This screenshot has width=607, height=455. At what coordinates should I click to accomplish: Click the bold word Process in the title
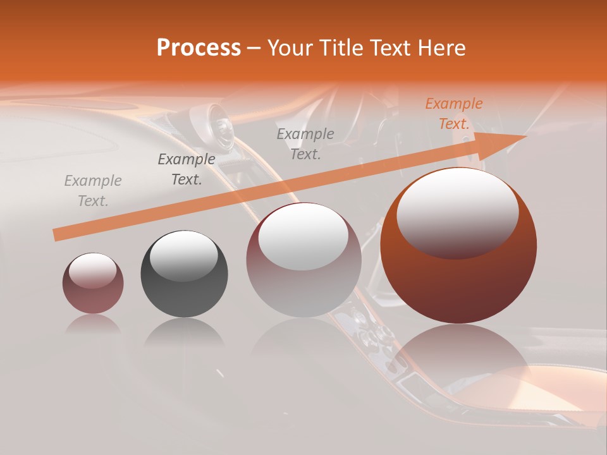pos(199,48)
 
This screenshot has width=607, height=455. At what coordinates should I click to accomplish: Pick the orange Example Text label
pos(454,114)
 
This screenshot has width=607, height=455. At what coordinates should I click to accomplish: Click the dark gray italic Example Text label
pos(187,169)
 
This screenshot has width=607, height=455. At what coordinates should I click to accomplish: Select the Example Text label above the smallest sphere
pos(93,191)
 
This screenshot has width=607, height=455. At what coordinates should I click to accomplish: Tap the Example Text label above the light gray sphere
pos(305,143)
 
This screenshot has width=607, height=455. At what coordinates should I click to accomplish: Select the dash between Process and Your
pos(254,48)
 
